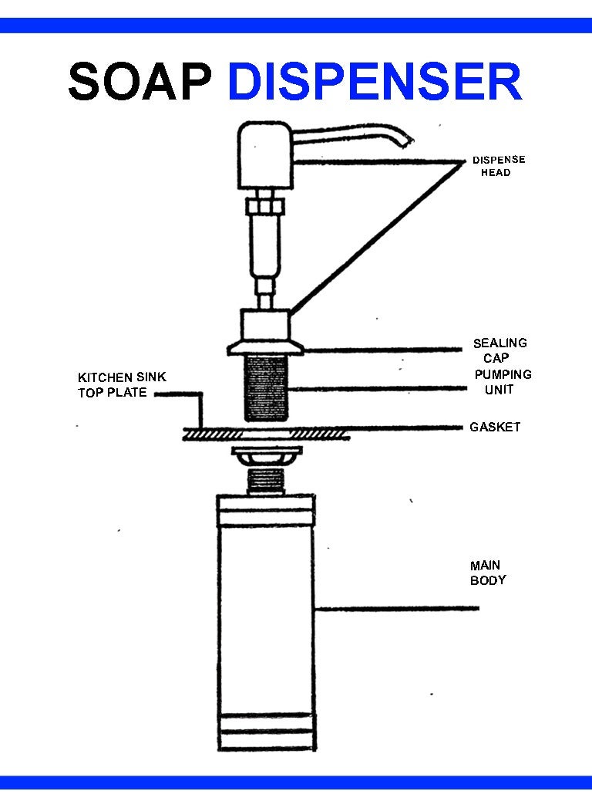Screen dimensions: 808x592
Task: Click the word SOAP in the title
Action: [x=140, y=82]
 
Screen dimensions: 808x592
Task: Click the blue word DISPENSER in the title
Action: [x=375, y=82]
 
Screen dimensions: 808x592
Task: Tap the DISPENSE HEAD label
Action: [x=499, y=166]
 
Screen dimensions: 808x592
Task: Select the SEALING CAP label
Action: [x=499, y=350]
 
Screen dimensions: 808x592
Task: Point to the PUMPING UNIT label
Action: [x=503, y=382]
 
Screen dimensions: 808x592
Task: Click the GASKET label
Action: [x=495, y=427]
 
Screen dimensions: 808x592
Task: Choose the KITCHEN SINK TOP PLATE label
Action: [x=122, y=384]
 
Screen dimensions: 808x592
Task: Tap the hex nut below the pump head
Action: [x=264, y=207]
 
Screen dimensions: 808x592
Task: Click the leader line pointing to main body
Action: [x=397, y=608]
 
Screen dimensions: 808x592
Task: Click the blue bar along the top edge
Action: [x=296, y=25]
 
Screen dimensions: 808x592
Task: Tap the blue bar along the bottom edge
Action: [x=296, y=783]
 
